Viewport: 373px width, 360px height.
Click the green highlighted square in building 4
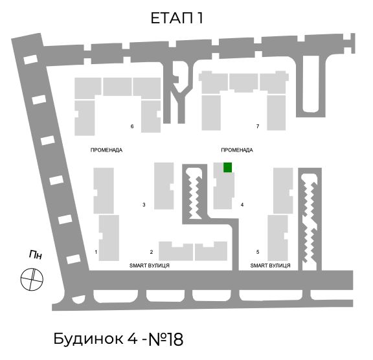[x=228, y=168]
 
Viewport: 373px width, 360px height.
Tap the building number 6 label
[x=132, y=126]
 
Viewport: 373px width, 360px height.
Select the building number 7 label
[x=258, y=126]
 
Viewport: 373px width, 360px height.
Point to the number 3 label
[x=144, y=205]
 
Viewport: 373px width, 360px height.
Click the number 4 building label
[x=242, y=205]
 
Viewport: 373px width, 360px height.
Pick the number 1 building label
[x=96, y=252]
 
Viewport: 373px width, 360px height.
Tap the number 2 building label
[x=152, y=252]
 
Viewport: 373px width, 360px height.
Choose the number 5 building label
[x=258, y=252]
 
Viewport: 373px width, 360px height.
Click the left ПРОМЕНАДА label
[x=106, y=150]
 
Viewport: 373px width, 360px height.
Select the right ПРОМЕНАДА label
[x=237, y=150]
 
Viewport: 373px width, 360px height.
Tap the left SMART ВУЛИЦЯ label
[x=150, y=265]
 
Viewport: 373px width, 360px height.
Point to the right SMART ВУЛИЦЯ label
[x=270, y=265]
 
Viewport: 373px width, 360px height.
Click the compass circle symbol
[x=32, y=279]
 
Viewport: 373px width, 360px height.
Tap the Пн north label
[x=36, y=254]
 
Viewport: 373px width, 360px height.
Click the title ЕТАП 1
[x=177, y=18]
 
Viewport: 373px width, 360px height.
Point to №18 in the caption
[x=166, y=339]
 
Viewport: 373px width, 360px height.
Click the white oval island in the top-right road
[x=311, y=84]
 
